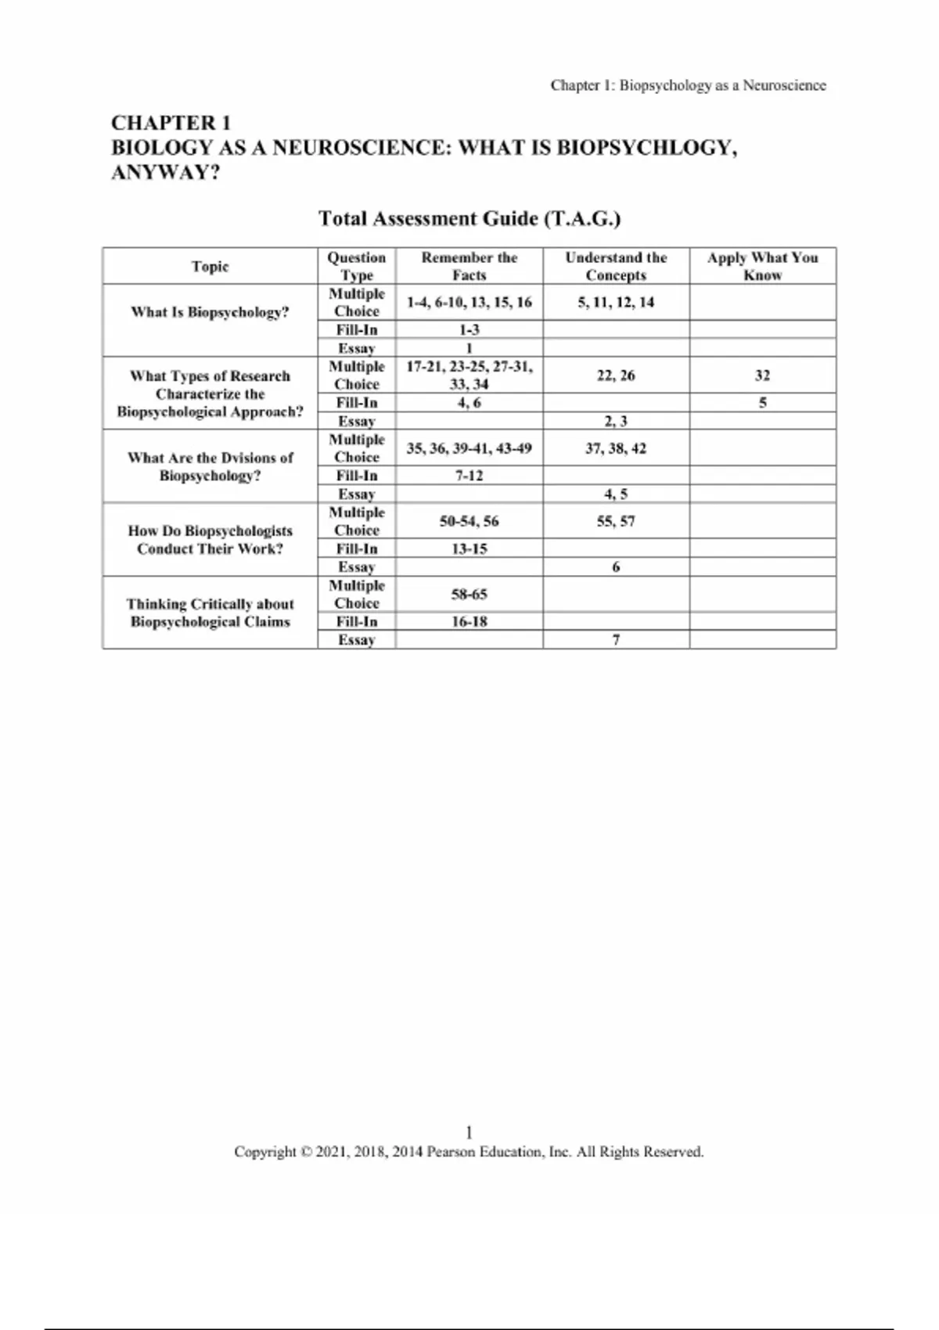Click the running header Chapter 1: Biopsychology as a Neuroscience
pos(688,85)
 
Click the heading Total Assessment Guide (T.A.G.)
pos(469,218)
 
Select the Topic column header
pos(210,266)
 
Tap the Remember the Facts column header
pos(469,266)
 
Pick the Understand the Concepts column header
pos(616,266)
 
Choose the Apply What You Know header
pos(762,266)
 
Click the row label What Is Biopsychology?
pos(210,312)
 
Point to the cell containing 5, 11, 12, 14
pos(616,302)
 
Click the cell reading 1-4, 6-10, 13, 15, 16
pos(469,302)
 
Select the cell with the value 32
pos(762,376)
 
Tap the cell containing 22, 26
pos(616,376)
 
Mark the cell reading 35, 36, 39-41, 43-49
pos(469,448)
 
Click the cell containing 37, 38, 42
pos(616,448)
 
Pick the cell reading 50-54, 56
pos(469,521)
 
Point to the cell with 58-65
pos(469,595)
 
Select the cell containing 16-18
pos(469,621)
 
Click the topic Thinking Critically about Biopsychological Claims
pos(210,613)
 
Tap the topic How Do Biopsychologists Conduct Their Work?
pos(210,540)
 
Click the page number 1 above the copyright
pos(469,1132)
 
